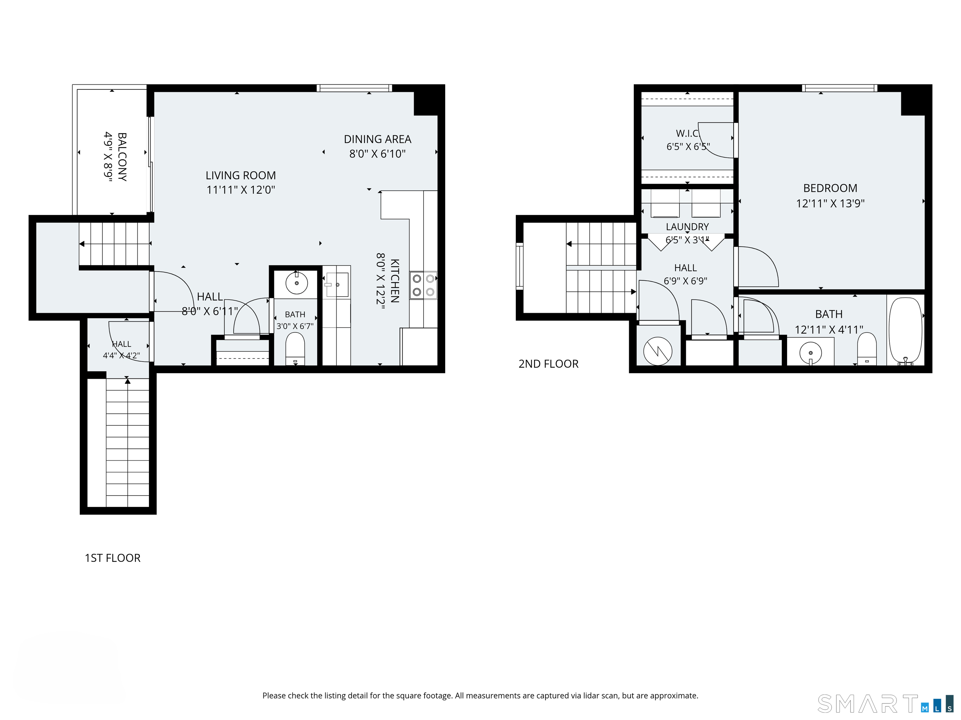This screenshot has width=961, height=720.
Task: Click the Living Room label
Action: (x=241, y=175)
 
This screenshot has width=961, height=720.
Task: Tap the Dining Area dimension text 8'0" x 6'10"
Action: (x=378, y=154)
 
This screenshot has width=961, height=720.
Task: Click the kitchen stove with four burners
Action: (x=423, y=285)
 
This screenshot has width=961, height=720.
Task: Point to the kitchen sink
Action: (x=337, y=285)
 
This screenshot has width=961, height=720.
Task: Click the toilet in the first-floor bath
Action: (x=295, y=348)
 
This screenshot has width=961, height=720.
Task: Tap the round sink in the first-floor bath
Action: (x=297, y=283)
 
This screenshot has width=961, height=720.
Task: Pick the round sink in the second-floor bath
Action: (x=811, y=352)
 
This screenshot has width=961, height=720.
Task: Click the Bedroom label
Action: (x=830, y=188)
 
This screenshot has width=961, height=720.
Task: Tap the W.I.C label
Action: (x=687, y=133)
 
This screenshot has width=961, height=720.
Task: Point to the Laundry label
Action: (x=687, y=227)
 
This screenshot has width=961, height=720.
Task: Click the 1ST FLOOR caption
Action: (x=113, y=558)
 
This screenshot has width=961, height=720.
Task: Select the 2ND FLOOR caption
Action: (x=548, y=364)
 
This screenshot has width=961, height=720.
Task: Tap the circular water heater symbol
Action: (x=658, y=351)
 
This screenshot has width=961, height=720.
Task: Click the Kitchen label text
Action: (x=394, y=281)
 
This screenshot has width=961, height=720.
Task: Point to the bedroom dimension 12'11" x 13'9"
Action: (x=830, y=203)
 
